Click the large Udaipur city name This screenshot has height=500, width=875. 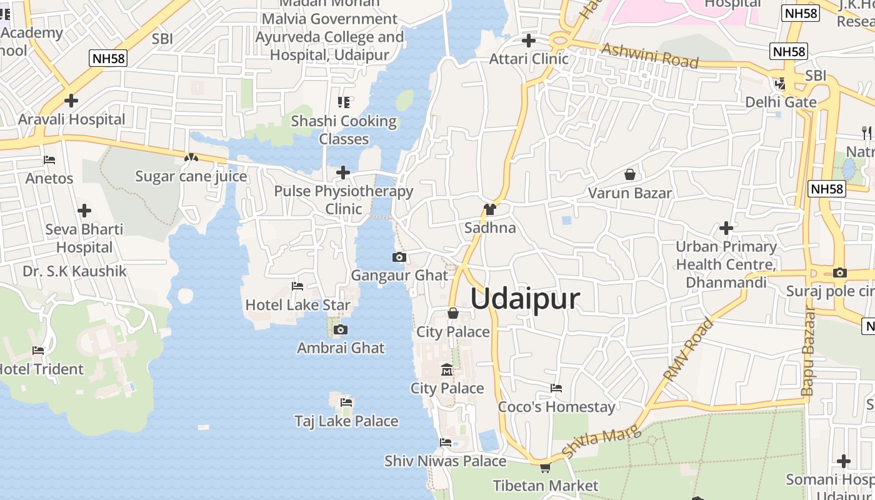tap(525, 299)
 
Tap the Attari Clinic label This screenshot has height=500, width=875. tap(529, 59)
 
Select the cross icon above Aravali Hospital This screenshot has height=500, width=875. tap(71, 100)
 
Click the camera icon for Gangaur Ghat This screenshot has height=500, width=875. tap(399, 257)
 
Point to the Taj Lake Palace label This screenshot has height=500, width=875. tap(346, 421)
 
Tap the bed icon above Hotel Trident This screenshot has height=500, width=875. tap(38, 351)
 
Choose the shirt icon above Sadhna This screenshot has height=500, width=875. tap(489, 209)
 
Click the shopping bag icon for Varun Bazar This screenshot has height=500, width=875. tap(629, 174)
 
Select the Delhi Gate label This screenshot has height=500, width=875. tap(781, 102)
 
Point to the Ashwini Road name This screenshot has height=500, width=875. tap(650, 56)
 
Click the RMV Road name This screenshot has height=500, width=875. tap(688, 350)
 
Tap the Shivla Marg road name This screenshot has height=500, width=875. tap(601, 442)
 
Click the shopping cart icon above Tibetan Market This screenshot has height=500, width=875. tap(545, 467)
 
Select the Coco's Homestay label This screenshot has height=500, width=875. tap(556, 407)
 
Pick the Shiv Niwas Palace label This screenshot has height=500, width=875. tap(445, 461)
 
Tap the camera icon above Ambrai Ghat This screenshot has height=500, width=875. tap(340, 329)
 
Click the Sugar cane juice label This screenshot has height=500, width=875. tap(191, 176)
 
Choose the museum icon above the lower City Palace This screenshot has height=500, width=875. tap(447, 370)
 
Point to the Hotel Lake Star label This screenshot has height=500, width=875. tap(297, 305)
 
